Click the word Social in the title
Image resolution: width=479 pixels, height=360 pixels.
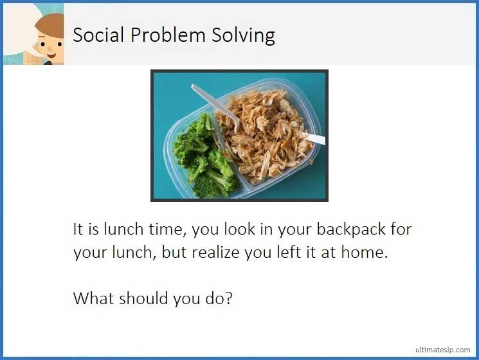pyautogui.click(x=98, y=35)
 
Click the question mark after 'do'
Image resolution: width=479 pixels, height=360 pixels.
pyautogui.click(x=228, y=298)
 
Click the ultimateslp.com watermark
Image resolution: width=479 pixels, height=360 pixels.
pyautogui.click(x=443, y=349)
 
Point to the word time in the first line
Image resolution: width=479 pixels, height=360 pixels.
pyautogui.click(x=163, y=230)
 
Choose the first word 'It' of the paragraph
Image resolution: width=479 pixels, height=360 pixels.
pyautogui.click(x=78, y=230)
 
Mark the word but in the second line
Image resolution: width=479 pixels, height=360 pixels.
pyautogui.click(x=174, y=253)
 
